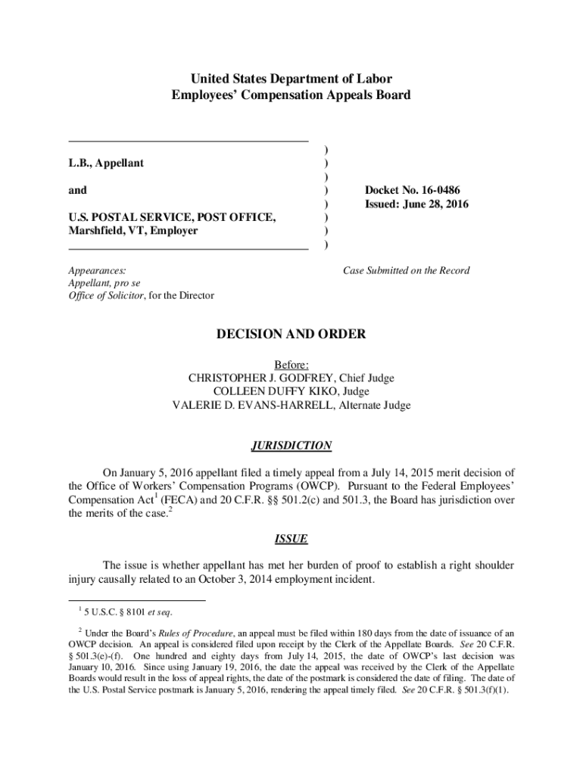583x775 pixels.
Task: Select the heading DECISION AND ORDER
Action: (291, 334)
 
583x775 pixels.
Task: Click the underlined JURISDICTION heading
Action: (291, 446)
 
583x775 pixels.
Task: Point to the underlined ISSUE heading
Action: (291, 540)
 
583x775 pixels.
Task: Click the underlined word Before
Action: (291, 364)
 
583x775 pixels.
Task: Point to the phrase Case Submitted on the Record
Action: (406, 270)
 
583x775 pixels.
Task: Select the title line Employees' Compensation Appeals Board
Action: (291, 95)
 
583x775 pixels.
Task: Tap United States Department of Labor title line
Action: (291, 79)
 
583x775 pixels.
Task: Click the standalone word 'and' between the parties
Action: (77, 190)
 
